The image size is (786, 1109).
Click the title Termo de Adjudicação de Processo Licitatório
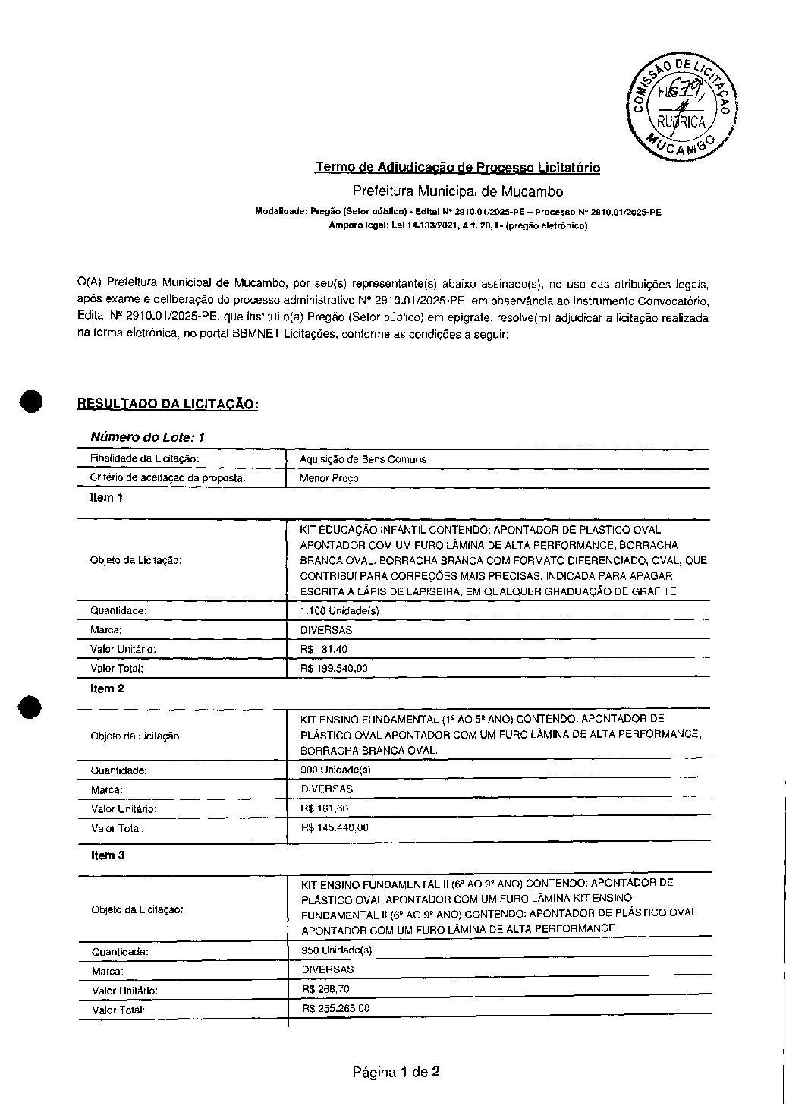pos(457,167)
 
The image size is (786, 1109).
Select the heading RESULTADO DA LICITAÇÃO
pos(168,404)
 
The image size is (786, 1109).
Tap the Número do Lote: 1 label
pos(147,437)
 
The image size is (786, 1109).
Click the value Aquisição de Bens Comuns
pos(363,459)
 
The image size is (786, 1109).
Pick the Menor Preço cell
pos(329,479)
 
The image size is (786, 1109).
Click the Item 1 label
pos(106,498)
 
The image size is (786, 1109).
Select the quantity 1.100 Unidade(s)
pos(339,611)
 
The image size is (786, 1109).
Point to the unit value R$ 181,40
pos(324,649)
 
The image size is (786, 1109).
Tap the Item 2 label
pos(107,688)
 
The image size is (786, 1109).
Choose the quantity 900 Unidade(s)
pos(335,770)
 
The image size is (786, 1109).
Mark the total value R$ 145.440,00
pos(335,827)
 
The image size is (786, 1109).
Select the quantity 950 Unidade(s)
pos(336,950)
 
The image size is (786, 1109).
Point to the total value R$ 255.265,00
pos(335,1008)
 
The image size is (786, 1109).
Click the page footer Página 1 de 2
pos(396,1072)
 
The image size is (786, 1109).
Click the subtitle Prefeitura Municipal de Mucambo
pos(457,191)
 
